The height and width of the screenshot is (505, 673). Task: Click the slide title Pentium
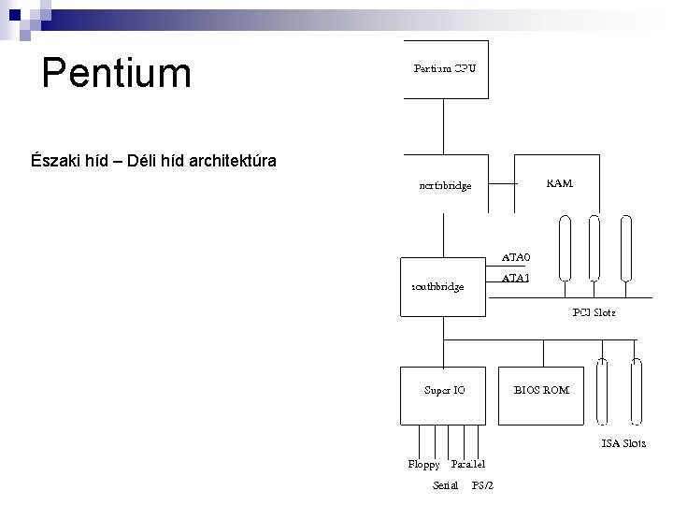(117, 73)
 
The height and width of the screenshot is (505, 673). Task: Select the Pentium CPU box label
(445, 68)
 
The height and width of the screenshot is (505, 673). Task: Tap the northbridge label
(445, 185)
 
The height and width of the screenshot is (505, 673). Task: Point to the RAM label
(559, 183)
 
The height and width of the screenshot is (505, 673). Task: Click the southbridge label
(437, 286)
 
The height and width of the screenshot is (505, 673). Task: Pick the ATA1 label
(516, 278)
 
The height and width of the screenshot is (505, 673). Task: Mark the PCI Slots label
(594, 312)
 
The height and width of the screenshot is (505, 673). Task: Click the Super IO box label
(445, 389)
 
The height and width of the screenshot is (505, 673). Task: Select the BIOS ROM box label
(541, 389)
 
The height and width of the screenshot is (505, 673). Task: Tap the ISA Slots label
(623, 443)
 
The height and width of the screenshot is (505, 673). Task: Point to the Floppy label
(423, 464)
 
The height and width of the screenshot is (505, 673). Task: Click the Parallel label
(467, 464)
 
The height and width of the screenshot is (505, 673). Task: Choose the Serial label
(446, 484)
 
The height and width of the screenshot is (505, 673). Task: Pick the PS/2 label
(483, 484)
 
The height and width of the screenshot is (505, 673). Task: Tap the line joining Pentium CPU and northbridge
(445, 126)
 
